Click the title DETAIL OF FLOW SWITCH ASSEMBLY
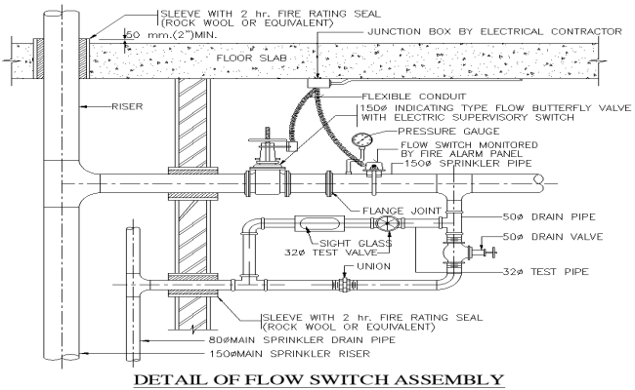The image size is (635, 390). (x=317, y=378)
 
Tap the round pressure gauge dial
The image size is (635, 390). (x=360, y=141)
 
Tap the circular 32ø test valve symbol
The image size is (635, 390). (x=390, y=224)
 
